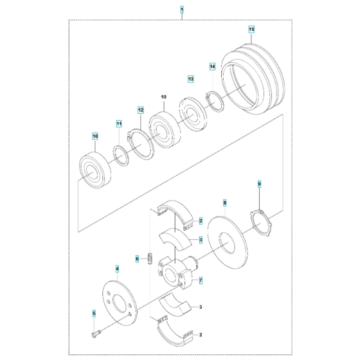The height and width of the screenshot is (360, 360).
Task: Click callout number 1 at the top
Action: tap(182, 11)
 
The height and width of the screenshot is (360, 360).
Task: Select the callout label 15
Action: tap(251, 30)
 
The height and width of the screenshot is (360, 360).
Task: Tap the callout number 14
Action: tap(212, 66)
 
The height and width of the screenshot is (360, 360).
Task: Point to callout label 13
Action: tap(190, 78)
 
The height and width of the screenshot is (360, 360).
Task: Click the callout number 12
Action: tap(140, 111)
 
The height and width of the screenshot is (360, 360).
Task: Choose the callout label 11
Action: tap(118, 123)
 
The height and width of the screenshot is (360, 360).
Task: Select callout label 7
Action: tap(201, 281)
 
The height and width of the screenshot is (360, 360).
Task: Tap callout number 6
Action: tap(137, 259)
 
